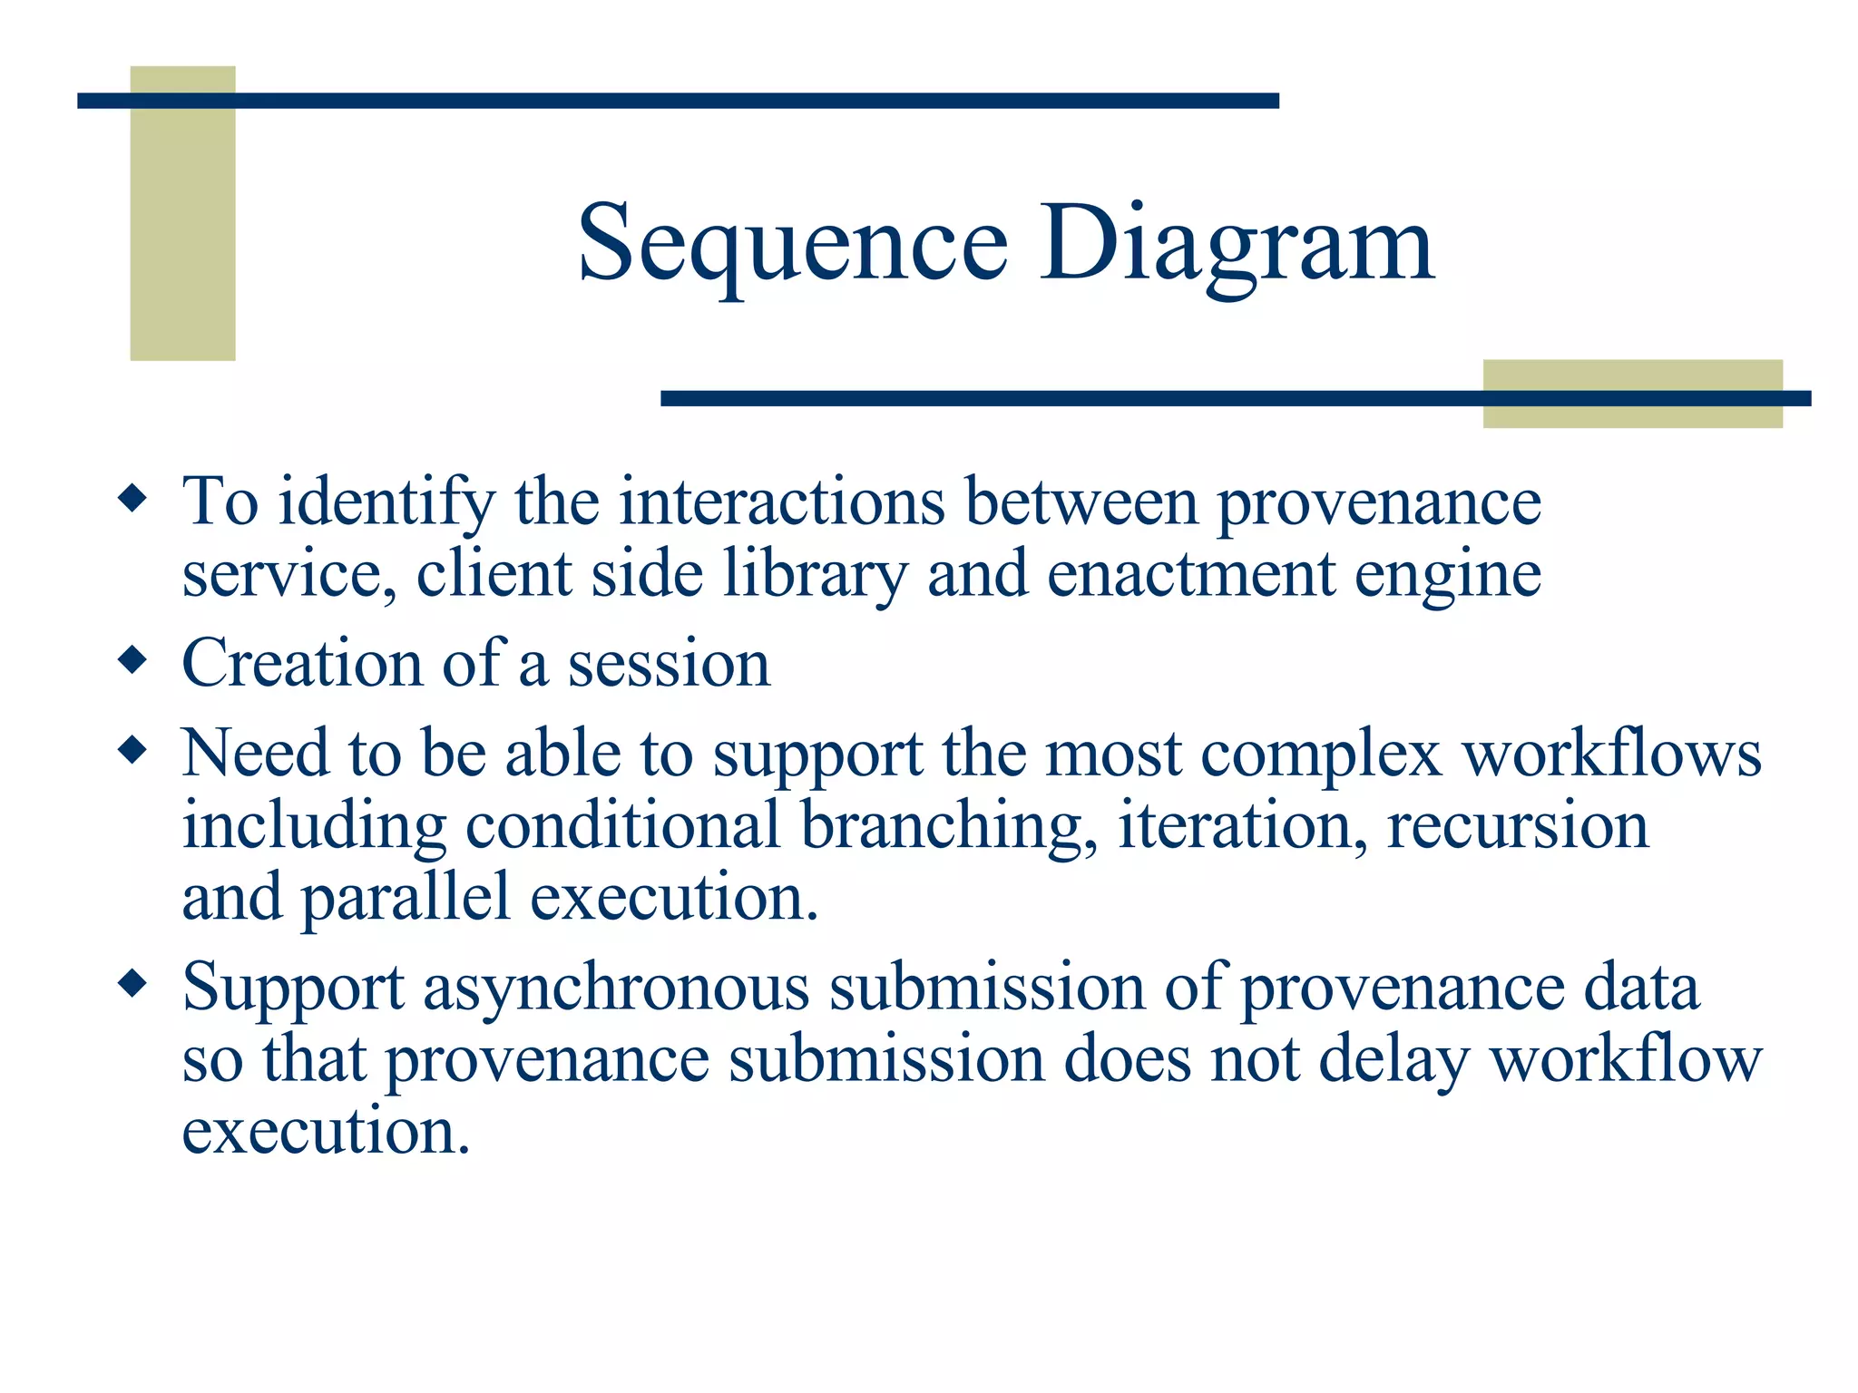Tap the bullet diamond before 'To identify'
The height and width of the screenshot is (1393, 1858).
132,498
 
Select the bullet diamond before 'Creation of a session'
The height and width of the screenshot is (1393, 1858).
132,659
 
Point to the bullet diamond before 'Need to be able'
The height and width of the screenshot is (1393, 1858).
132,750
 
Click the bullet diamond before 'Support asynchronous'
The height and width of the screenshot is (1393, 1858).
132,983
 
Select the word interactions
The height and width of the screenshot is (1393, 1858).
781,501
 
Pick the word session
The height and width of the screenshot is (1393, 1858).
669,664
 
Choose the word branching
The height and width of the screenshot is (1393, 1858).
948,827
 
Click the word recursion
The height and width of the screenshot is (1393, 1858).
1517,825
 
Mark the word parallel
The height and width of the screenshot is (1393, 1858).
405,899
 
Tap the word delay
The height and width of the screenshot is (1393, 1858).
1393,1061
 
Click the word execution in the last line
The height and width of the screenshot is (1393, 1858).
326,1131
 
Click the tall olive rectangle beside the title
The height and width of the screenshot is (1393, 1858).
182,213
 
